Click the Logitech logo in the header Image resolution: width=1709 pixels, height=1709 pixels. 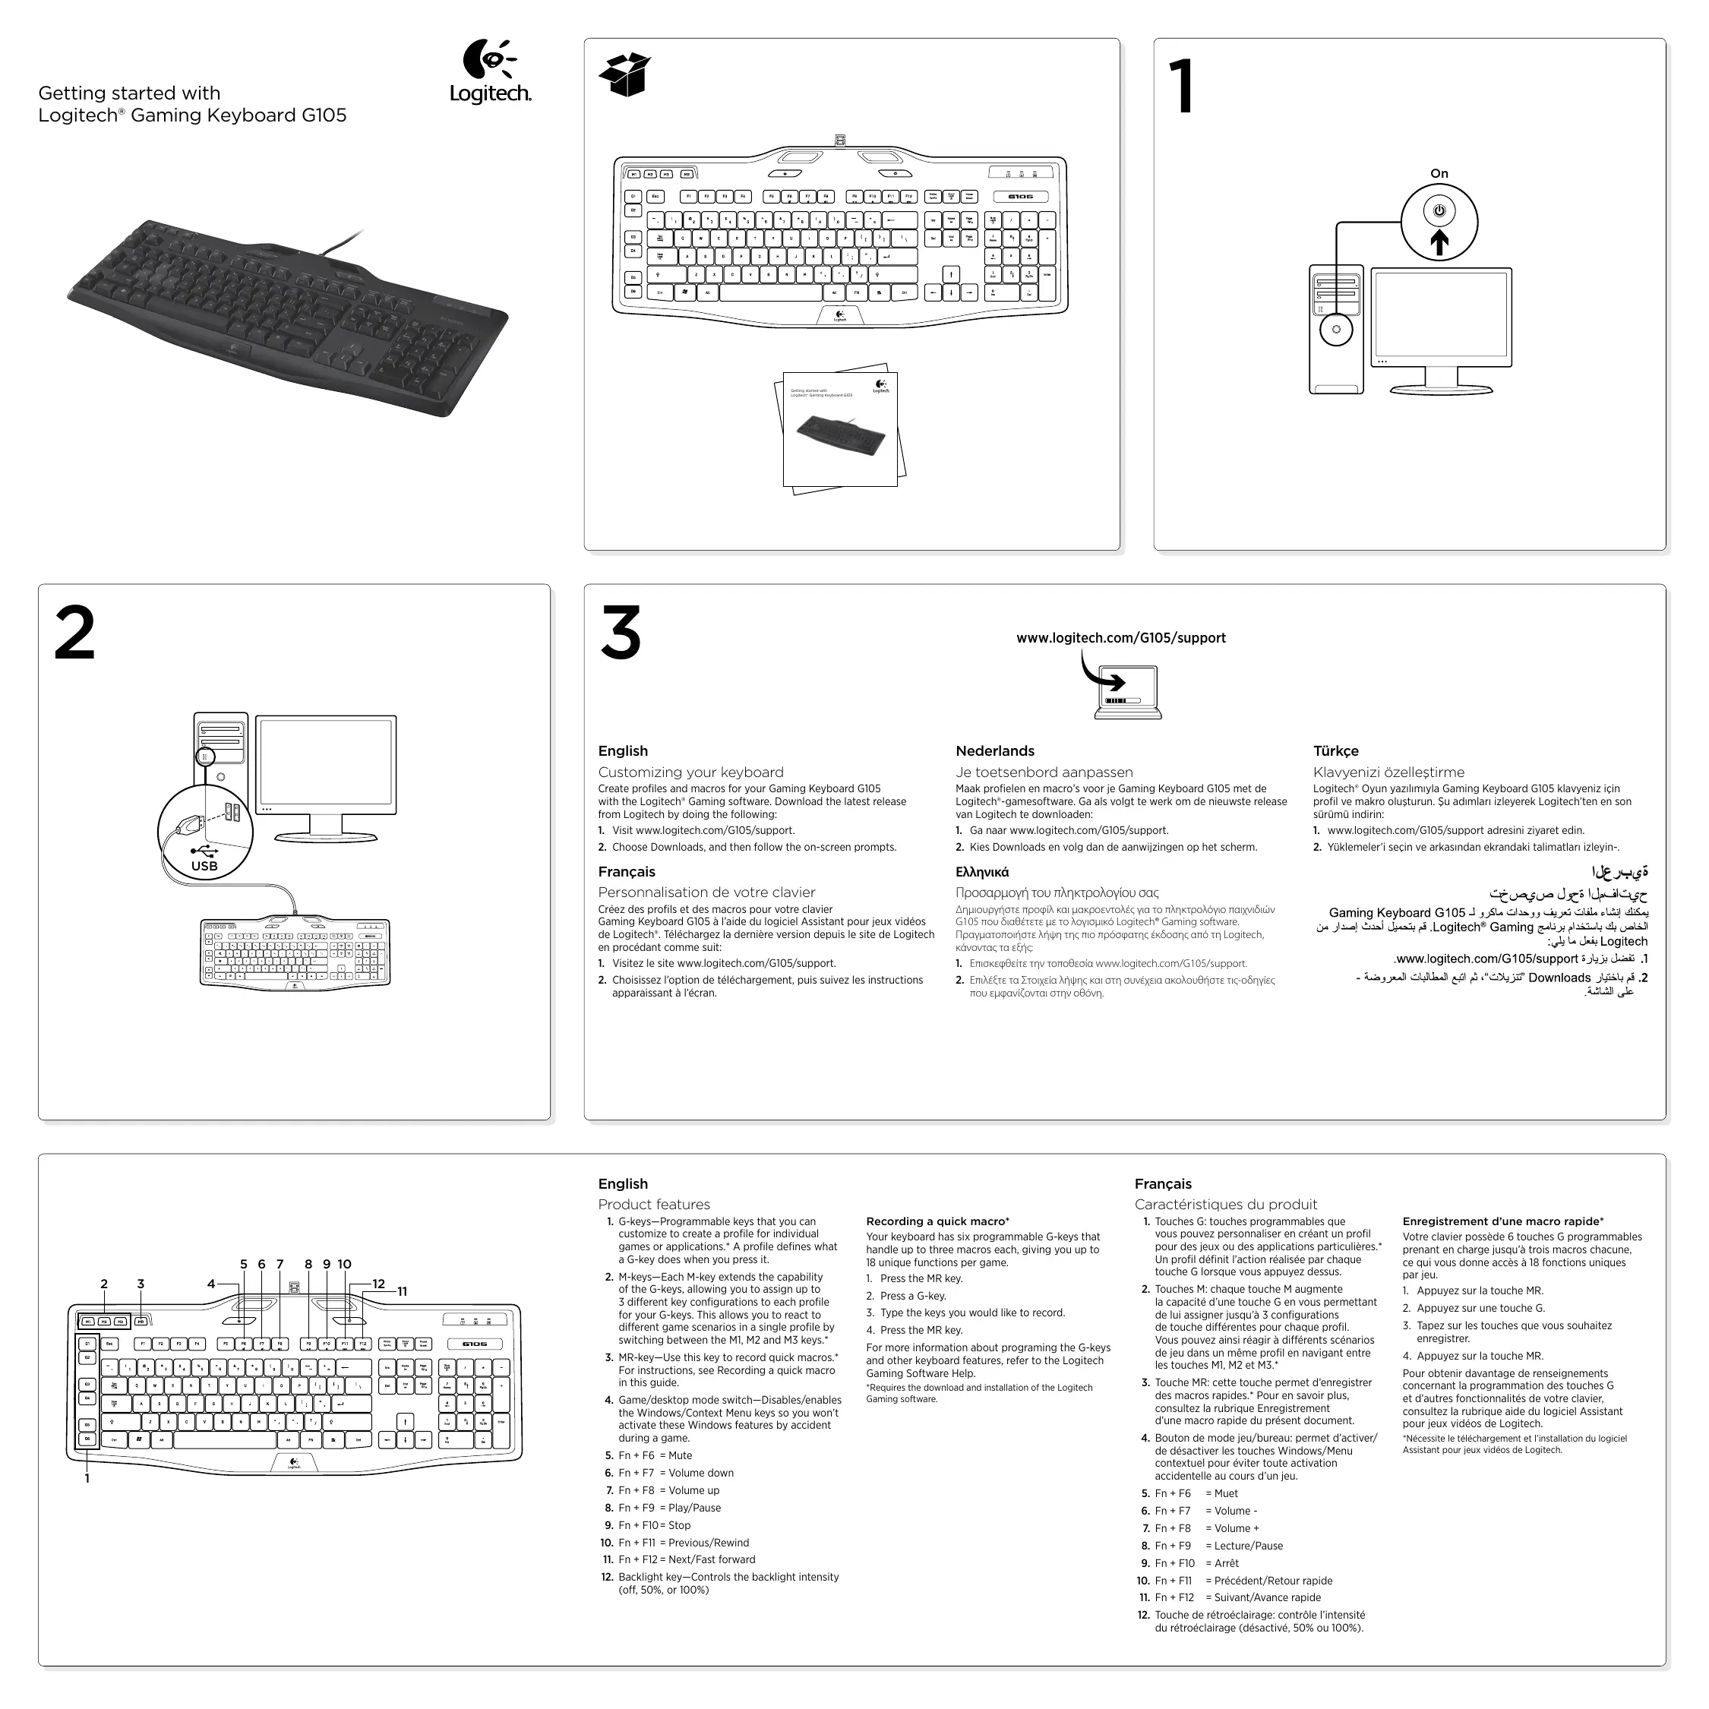pyautogui.click(x=490, y=71)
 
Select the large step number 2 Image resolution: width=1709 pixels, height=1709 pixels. pyautogui.click(x=74, y=633)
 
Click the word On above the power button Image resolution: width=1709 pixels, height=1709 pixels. pyautogui.click(x=1439, y=173)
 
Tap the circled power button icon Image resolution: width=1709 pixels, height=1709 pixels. pyautogui.click(x=1439, y=211)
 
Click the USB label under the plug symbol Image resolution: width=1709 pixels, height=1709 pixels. pyautogui.click(x=204, y=867)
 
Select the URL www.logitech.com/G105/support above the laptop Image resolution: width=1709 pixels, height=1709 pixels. pyautogui.click(x=1121, y=638)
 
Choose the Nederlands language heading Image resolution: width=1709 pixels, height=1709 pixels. pyautogui.click(x=994, y=751)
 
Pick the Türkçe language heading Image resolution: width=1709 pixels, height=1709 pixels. pyautogui.click(x=1336, y=751)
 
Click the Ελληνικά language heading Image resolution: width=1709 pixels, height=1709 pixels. pyautogui.click(x=982, y=872)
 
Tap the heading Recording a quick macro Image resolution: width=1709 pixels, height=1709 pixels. pyautogui.click(x=937, y=1221)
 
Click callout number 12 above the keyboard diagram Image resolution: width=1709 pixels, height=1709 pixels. pyautogui.click(x=378, y=1284)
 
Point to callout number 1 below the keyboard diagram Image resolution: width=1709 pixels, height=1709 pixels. pyautogui.click(x=87, y=1478)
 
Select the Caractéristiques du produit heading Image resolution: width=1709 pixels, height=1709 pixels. pyautogui.click(x=1225, y=1205)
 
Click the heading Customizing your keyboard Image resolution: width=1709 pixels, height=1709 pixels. pyautogui.click(x=690, y=772)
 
